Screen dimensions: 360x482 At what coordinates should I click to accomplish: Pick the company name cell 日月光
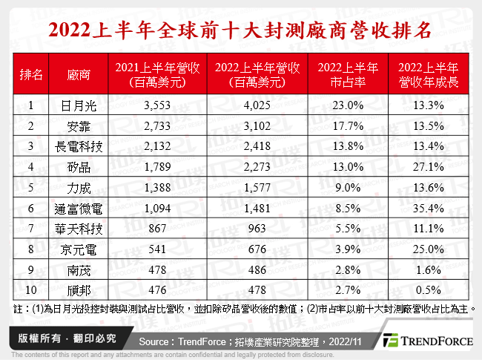pyautogui.click(x=77, y=105)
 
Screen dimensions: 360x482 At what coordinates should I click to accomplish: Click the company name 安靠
pyautogui.click(x=77, y=126)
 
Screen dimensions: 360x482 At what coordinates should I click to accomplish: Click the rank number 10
pyautogui.click(x=31, y=289)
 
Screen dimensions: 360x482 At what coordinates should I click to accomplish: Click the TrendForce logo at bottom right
pyautogui.click(x=426, y=340)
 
